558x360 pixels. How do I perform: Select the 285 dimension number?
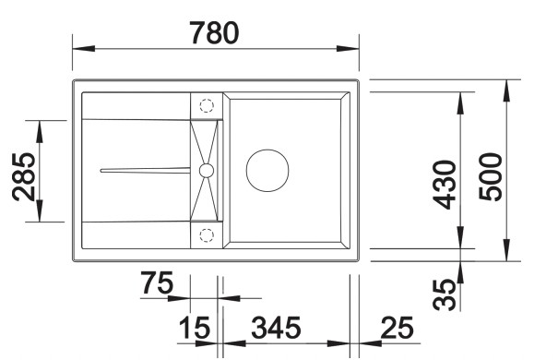coord(25,176)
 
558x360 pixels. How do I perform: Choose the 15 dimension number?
coord(195,328)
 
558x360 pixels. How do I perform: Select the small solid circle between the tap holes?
coord(206,170)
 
